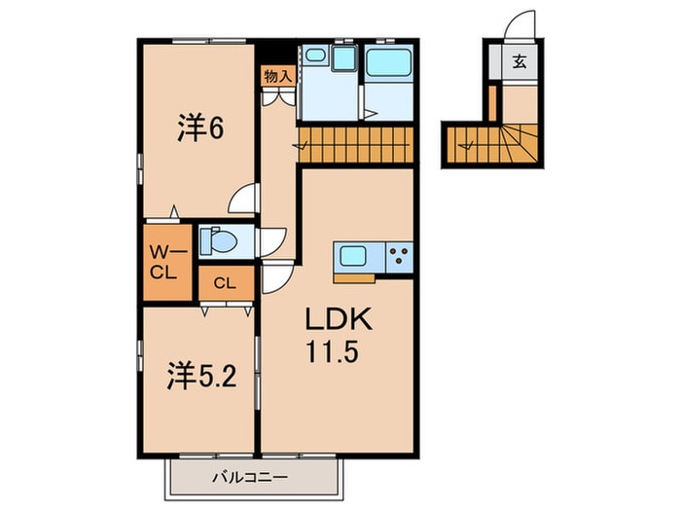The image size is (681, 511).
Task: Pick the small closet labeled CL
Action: tap(225, 283)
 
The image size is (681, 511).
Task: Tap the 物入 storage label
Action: tap(276, 76)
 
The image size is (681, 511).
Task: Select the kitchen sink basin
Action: tap(352, 258)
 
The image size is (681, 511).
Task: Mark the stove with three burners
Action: tap(399, 258)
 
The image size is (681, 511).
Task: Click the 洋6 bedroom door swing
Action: tap(242, 200)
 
